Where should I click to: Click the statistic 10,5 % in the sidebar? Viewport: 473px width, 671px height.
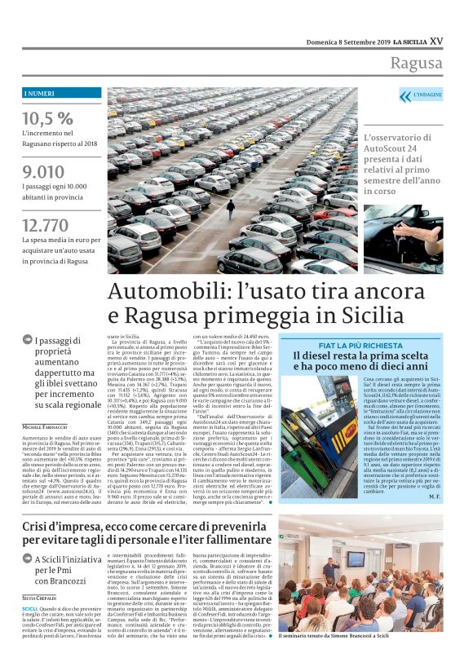click(x=47, y=118)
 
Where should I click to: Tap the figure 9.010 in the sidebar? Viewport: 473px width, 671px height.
click(x=44, y=172)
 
